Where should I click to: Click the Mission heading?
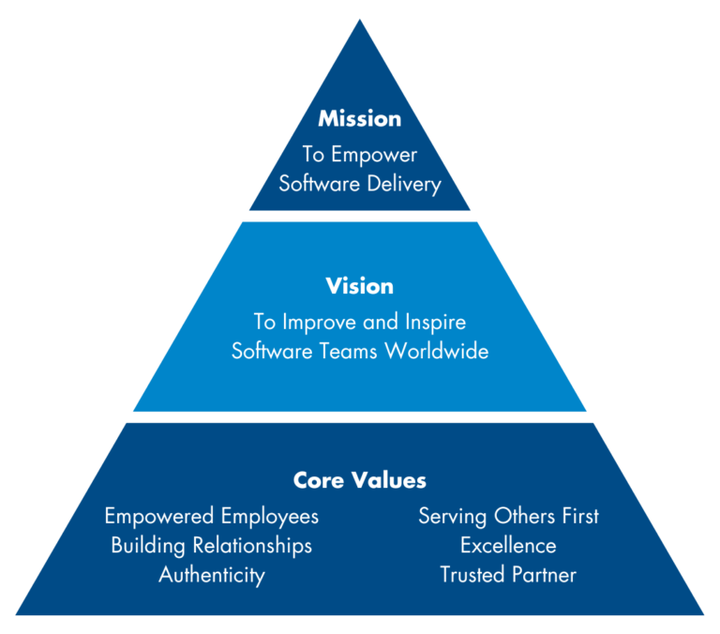tap(359, 119)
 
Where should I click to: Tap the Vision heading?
tap(359, 285)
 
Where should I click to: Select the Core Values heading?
tap(359, 480)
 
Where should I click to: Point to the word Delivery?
tap(402, 183)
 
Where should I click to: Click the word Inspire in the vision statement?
tap(432, 322)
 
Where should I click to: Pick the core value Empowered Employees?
tap(211, 516)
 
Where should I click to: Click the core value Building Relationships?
tap(211, 545)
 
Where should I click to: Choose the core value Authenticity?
tap(211, 574)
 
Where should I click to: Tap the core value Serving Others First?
tap(508, 516)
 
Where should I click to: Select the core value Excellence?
tap(508, 545)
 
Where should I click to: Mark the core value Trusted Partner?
tap(508, 574)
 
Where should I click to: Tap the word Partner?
tap(543, 574)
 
